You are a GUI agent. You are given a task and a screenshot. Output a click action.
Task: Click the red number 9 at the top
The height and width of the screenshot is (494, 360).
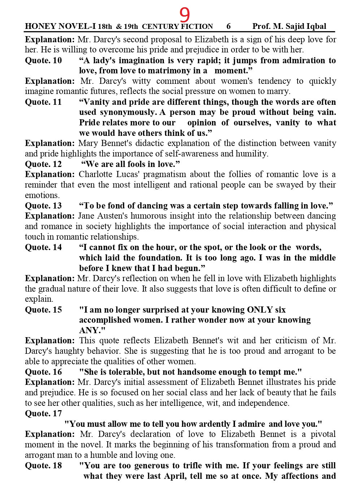point(185,15)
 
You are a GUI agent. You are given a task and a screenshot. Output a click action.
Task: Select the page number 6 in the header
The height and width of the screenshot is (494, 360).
point(229,26)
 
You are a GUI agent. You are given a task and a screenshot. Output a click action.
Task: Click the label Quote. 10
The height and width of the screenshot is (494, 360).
point(43,60)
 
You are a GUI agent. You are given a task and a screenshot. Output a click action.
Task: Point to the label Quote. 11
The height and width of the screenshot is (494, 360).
point(43,102)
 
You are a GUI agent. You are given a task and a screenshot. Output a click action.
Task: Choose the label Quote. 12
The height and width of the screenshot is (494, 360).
point(43,164)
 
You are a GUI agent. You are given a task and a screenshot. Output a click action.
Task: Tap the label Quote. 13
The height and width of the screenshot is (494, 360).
point(43,206)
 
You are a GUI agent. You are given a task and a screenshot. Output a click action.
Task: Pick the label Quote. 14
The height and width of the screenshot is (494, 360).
point(43,248)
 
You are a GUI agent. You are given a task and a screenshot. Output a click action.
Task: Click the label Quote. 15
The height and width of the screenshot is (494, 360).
point(43,310)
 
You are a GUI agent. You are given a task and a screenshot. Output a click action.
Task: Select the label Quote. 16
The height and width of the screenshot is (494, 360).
point(43,372)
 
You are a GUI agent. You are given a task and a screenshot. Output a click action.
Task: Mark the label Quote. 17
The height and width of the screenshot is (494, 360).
point(43,414)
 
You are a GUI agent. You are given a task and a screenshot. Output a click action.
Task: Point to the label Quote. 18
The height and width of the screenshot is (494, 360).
point(43,466)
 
